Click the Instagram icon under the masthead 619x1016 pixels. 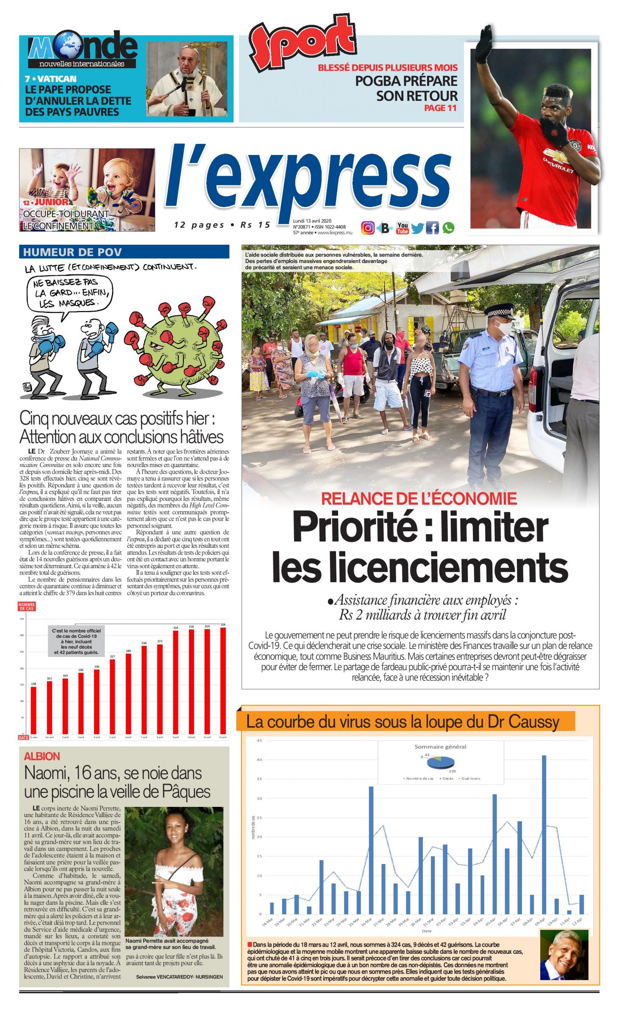[367, 228]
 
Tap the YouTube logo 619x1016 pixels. [402, 228]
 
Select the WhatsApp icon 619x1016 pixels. [448, 228]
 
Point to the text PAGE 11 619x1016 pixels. [440, 108]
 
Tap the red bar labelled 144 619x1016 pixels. [33, 710]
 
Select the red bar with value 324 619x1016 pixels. [223, 680]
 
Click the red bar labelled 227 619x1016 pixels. [112, 696]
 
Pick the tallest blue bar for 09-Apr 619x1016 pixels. [544, 834]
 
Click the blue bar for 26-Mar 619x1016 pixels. [371, 850]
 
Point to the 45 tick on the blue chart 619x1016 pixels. [259, 740]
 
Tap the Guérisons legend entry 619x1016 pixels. [470, 779]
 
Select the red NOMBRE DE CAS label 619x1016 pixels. [27, 606]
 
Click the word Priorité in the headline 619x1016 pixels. [354, 527]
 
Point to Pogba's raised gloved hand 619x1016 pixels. [484, 44]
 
